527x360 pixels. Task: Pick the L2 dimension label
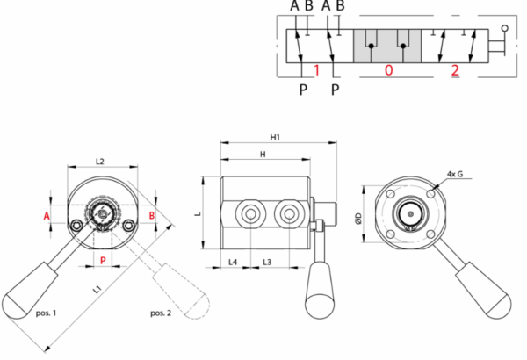point(100,161)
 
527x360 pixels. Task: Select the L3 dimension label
point(267,262)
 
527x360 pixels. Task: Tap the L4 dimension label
point(233,262)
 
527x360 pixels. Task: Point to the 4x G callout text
point(455,173)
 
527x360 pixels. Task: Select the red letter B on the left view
point(152,215)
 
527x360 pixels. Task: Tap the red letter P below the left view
point(103,260)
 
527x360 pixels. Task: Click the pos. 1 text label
point(46,313)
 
